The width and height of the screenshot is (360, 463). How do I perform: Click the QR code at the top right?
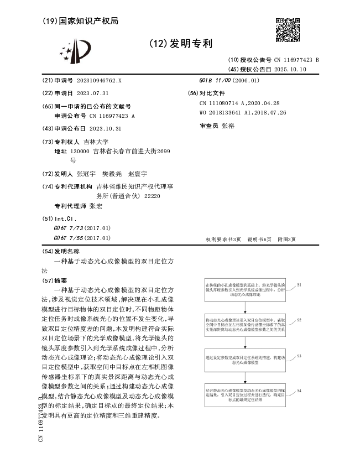pyautogui.click(x=288, y=29)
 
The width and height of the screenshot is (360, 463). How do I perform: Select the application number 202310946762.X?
pyautogui.click(x=95, y=80)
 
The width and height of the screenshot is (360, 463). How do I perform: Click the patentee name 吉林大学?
pyautogui.click(x=96, y=142)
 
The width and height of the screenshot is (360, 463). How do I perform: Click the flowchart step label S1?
pyautogui.click(x=299, y=284)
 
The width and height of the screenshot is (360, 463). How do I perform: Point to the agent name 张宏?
pyautogui.click(x=96, y=206)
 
